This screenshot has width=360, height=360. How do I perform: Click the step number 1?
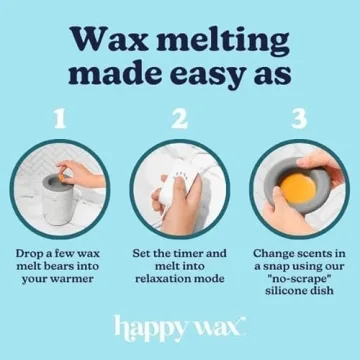(x=61, y=119)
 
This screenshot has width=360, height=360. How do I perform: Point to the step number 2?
(x=179, y=119)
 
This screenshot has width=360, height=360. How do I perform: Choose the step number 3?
(x=299, y=119)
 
